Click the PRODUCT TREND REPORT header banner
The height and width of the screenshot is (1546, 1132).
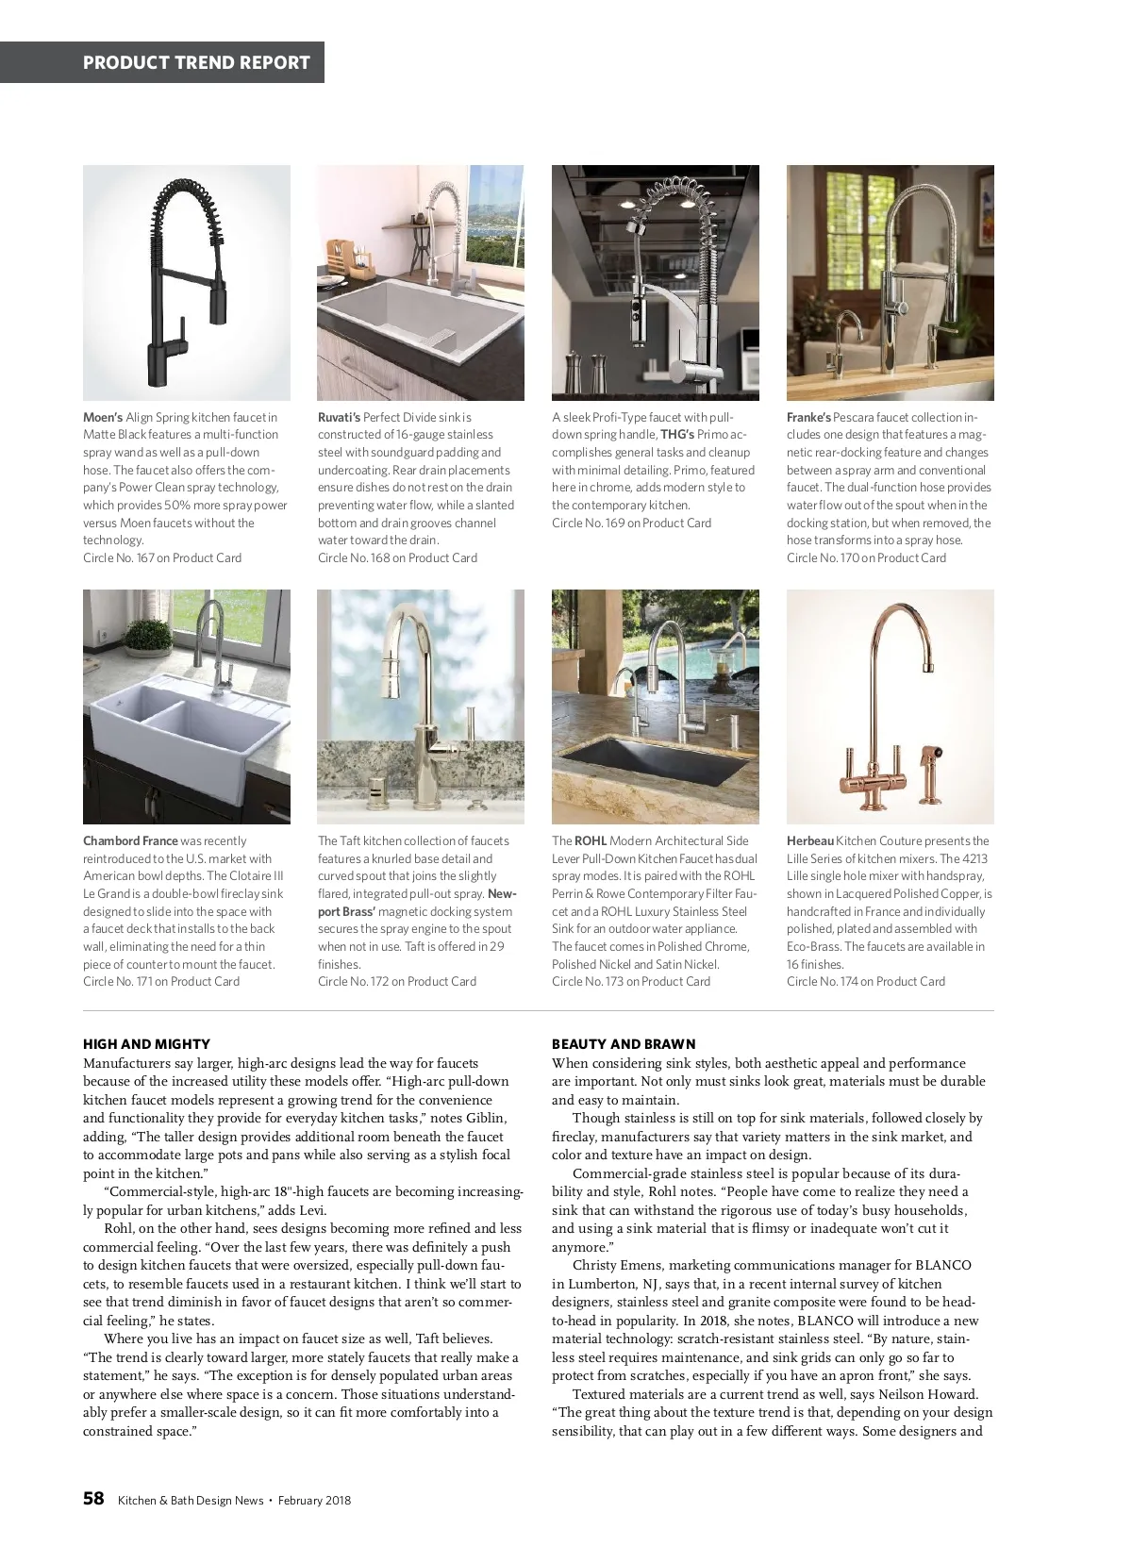pos(196,62)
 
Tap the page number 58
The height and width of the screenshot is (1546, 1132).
pos(93,1499)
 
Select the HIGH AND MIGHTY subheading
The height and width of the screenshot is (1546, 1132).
pos(146,1044)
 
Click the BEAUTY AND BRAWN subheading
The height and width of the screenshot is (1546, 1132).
pos(624,1044)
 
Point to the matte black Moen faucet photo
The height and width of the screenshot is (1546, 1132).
pos(187,282)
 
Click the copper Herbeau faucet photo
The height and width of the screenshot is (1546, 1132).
pos(890,707)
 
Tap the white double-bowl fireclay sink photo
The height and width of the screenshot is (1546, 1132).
pos(187,707)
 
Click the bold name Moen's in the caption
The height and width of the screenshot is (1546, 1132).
pos(103,417)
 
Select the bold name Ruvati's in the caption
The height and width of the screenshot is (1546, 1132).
pos(339,417)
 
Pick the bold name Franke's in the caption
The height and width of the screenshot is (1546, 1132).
pos(808,417)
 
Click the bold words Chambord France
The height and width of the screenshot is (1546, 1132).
pos(130,840)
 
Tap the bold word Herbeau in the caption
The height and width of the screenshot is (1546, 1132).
pos(810,840)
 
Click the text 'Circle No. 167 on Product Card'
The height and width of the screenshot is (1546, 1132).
pos(162,557)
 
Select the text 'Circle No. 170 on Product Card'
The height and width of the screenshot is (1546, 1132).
pos(866,557)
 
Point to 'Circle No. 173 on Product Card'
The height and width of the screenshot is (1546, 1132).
pos(631,981)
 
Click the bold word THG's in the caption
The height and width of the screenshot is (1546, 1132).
pos(676,435)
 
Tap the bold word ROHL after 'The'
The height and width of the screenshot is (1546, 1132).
pos(591,840)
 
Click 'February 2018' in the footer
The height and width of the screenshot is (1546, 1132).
pos(314,1500)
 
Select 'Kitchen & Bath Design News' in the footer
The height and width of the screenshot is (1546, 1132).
pos(191,1500)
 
